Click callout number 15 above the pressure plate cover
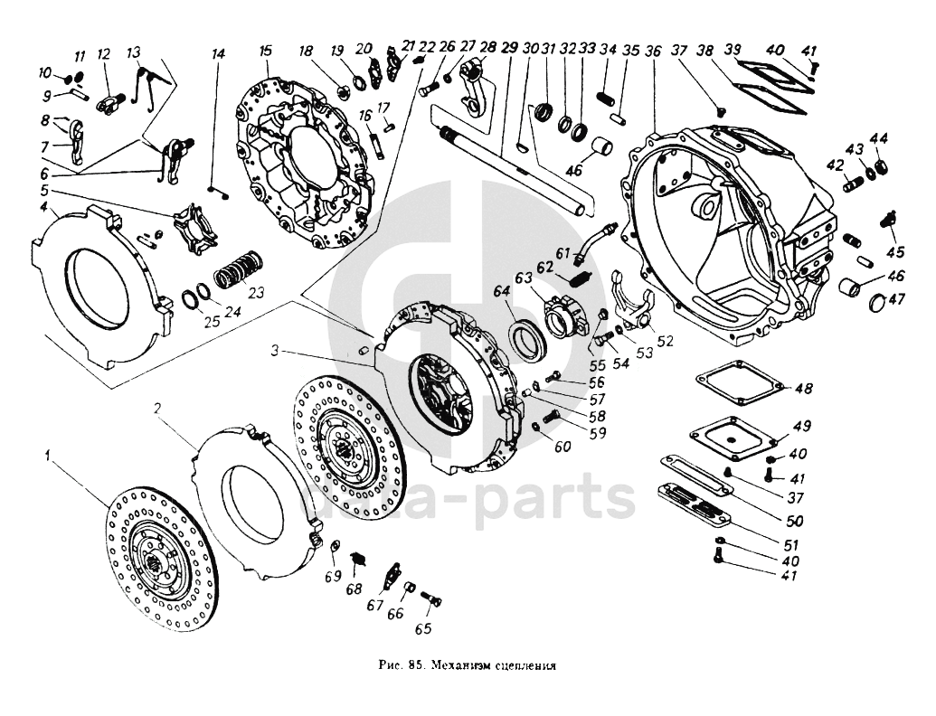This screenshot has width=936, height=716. click(x=265, y=50)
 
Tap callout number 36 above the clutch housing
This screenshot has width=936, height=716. click(x=654, y=51)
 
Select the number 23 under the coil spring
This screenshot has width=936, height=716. click(x=256, y=292)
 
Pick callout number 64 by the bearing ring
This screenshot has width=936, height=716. click(x=502, y=291)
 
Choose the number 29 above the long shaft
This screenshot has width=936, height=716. click(x=507, y=49)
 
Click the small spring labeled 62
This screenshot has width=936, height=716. click(x=583, y=280)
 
